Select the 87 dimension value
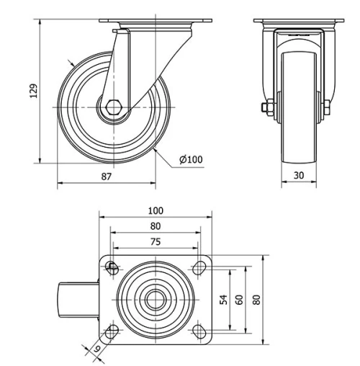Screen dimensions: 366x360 (107, 176)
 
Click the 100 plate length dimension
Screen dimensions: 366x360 (155, 210)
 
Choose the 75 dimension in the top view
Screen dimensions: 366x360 (155, 243)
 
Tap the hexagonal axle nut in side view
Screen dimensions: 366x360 (113, 109)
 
